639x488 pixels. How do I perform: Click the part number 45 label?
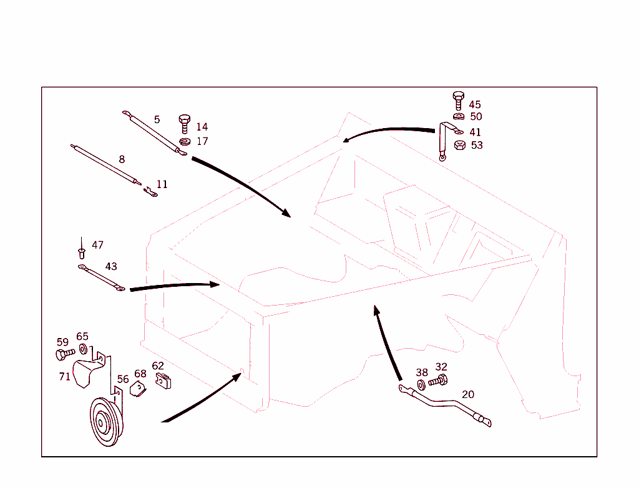click(x=475, y=105)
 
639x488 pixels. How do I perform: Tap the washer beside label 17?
click(x=183, y=142)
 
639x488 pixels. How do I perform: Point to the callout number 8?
click(x=122, y=159)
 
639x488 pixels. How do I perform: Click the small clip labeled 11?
click(x=150, y=192)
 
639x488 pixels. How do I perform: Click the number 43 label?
click(x=111, y=266)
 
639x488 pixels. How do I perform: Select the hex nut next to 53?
click(x=458, y=146)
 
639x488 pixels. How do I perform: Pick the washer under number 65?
click(x=83, y=348)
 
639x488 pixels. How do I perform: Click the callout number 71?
click(x=65, y=377)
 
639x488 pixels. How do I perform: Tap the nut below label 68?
click(x=138, y=389)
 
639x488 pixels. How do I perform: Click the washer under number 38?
click(x=421, y=383)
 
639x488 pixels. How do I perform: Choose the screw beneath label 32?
click(x=439, y=379)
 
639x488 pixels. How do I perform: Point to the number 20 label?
click(x=468, y=394)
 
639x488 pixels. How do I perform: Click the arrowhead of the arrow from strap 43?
click(x=216, y=284)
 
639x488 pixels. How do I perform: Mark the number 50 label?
click(x=476, y=117)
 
